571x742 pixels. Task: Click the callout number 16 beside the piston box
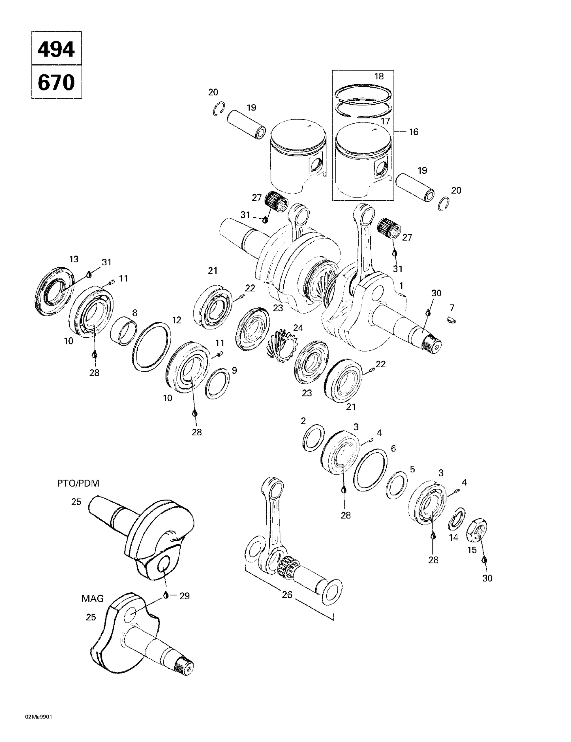point(413,132)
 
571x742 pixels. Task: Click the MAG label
point(92,599)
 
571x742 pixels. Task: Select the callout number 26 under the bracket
point(287,595)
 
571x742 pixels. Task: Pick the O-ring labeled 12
point(151,346)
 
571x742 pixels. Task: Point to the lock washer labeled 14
point(457,519)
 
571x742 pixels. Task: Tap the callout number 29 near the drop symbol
point(184,596)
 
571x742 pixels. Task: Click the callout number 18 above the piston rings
point(379,76)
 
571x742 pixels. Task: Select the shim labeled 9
point(217,383)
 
